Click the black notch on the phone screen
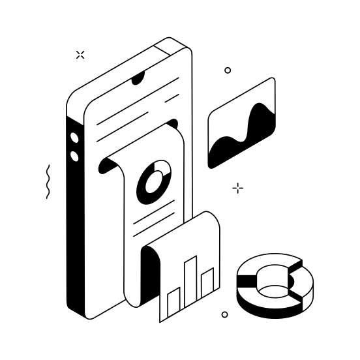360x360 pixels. point(138,80)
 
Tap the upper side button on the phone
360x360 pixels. point(74,138)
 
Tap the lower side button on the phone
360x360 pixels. point(74,156)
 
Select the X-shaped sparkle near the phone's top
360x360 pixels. point(80,55)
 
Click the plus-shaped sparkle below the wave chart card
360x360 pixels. point(238,188)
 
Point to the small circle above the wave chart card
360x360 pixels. point(228,70)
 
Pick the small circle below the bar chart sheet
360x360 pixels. point(224,314)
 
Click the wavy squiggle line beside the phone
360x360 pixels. point(48,181)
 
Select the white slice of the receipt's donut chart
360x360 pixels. point(164,171)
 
